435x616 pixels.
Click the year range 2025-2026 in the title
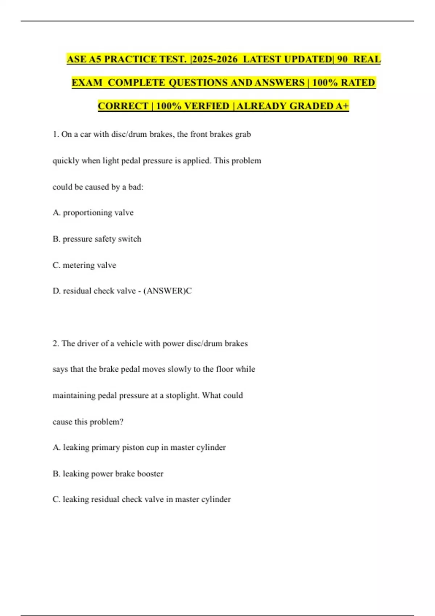[x=215, y=59]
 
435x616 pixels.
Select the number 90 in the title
[x=342, y=59]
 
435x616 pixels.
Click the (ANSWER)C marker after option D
[x=167, y=291]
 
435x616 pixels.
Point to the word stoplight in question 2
[x=182, y=395]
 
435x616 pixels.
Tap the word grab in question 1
[x=243, y=134]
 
